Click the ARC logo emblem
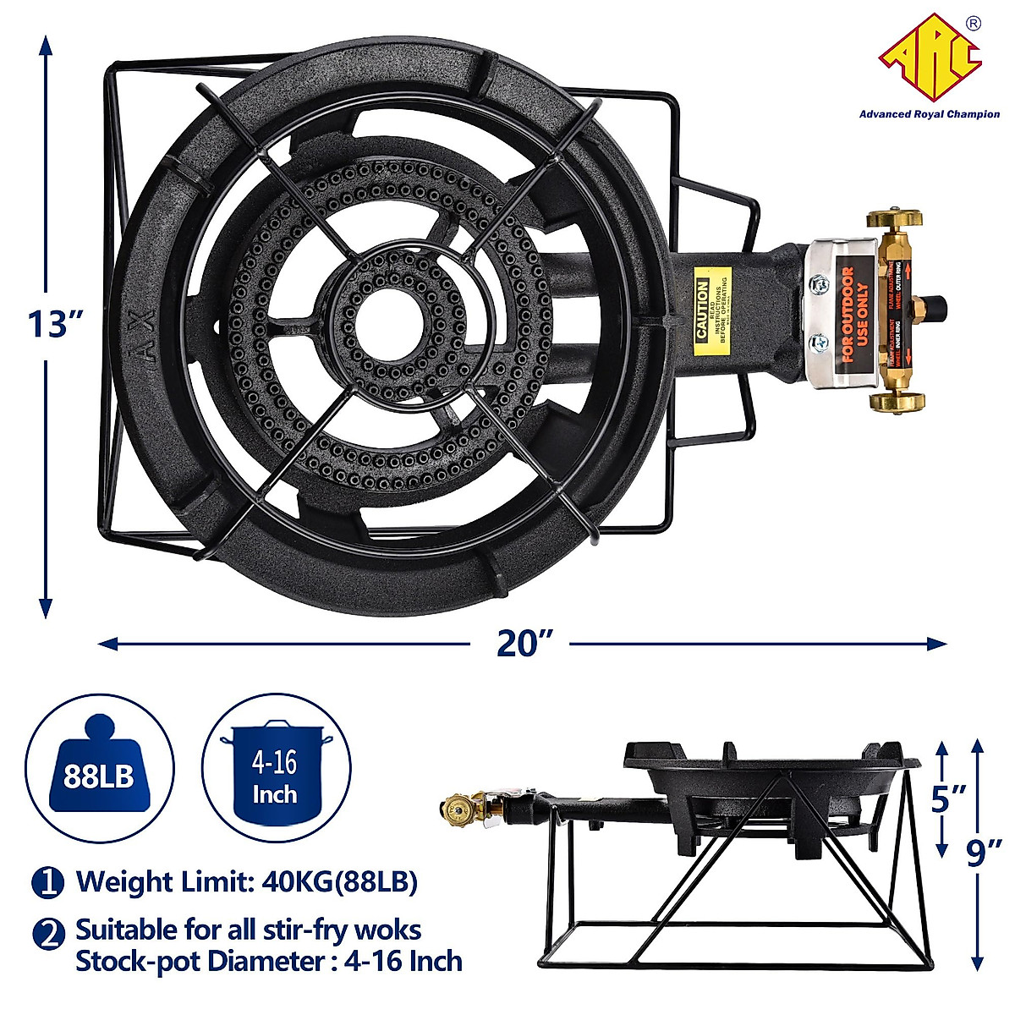click(x=930, y=55)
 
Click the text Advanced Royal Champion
click(x=929, y=114)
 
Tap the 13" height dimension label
click(x=55, y=323)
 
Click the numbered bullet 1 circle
click(x=48, y=882)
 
